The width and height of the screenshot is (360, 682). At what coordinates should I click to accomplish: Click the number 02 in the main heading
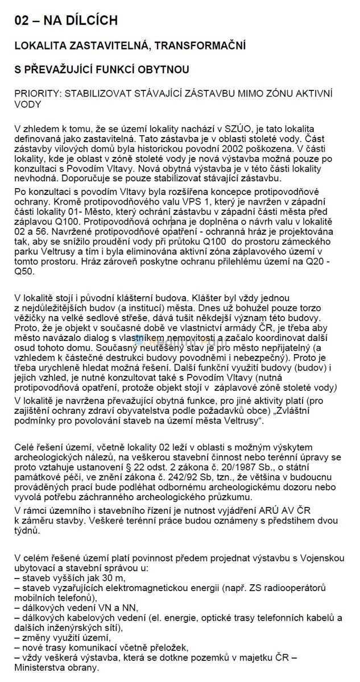[x=24, y=20]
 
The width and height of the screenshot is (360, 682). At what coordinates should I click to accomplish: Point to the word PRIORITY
[x=39, y=93]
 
